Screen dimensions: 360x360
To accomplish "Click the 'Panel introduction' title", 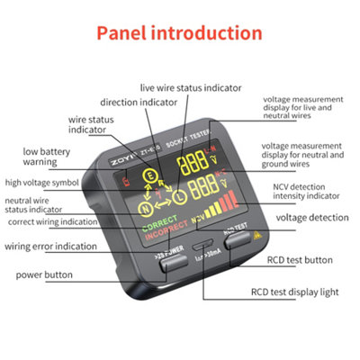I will pyautogui.click(x=179, y=34).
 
